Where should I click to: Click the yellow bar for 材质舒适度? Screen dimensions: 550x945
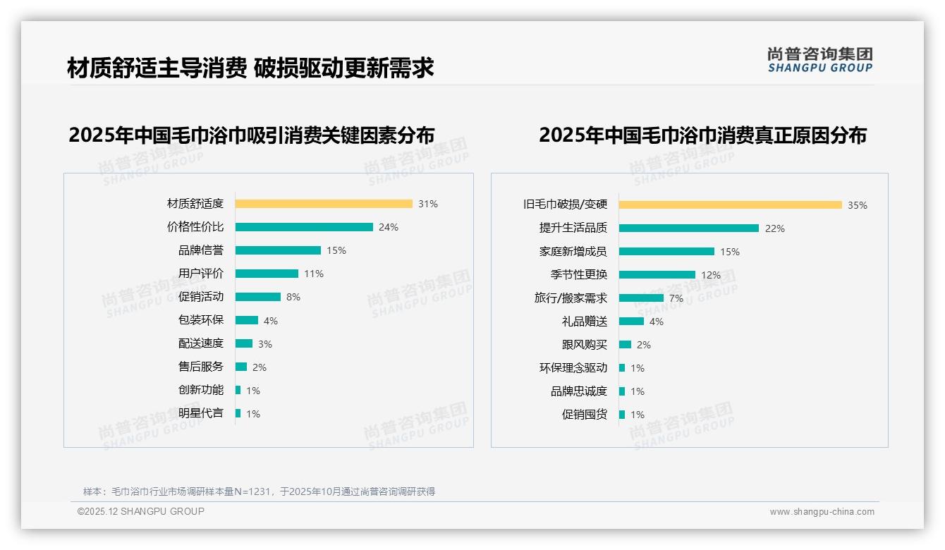(x=324, y=204)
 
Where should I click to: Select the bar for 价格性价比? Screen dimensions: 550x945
(x=304, y=227)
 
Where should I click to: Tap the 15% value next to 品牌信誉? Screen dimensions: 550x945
(x=336, y=250)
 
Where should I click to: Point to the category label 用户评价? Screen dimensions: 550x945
(x=201, y=274)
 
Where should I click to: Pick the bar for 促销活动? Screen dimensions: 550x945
(x=258, y=297)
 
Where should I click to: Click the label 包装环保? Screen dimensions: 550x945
(x=201, y=320)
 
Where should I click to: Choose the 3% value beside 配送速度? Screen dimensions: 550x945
(x=264, y=344)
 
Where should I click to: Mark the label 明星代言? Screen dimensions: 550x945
(x=201, y=413)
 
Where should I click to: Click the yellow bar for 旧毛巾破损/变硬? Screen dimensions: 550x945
(x=731, y=205)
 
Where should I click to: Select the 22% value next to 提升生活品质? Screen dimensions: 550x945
(x=775, y=228)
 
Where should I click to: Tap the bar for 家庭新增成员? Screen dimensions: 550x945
(x=666, y=252)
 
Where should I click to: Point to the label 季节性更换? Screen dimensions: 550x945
(x=579, y=275)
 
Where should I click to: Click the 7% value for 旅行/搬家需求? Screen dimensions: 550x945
(x=676, y=298)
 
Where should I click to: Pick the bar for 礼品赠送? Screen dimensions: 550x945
(x=631, y=322)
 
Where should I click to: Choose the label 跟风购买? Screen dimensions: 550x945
(x=585, y=345)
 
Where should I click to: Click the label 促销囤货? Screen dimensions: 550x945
(x=585, y=415)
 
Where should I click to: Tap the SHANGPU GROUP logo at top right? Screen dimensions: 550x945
(x=820, y=60)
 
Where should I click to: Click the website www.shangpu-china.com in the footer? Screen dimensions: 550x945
(x=822, y=512)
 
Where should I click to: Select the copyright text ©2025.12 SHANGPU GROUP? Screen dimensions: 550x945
(x=141, y=511)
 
